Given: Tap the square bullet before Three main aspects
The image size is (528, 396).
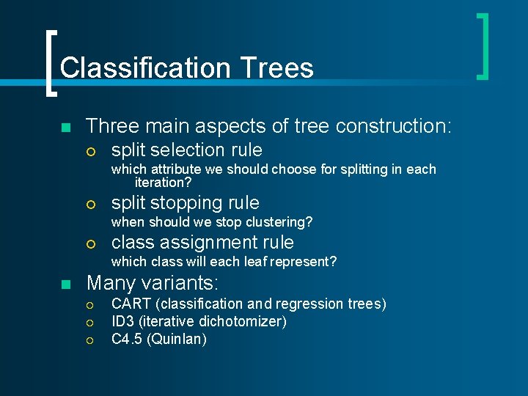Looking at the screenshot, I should click(x=65, y=128).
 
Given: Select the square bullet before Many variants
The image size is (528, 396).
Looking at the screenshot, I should click(x=65, y=284).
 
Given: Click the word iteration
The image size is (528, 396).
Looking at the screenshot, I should click(x=159, y=183).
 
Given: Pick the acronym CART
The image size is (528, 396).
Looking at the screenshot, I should click(x=131, y=304).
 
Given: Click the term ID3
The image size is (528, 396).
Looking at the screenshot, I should click(x=122, y=321).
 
